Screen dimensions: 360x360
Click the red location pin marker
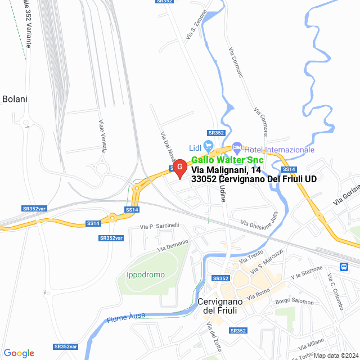click(179, 168)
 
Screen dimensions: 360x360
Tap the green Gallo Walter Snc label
click(227, 160)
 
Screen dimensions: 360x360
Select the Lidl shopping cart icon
click(209, 146)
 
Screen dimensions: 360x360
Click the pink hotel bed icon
click(237, 148)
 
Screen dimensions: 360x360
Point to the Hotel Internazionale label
click(279, 150)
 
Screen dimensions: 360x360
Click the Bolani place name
click(15, 99)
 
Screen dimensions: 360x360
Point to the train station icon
click(344, 266)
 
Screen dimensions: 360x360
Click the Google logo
click(19, 353)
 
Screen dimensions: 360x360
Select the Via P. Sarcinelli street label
click(160, 226)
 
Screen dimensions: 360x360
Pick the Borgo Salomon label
click(294, 301)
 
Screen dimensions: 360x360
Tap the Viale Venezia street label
click(103, 136)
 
